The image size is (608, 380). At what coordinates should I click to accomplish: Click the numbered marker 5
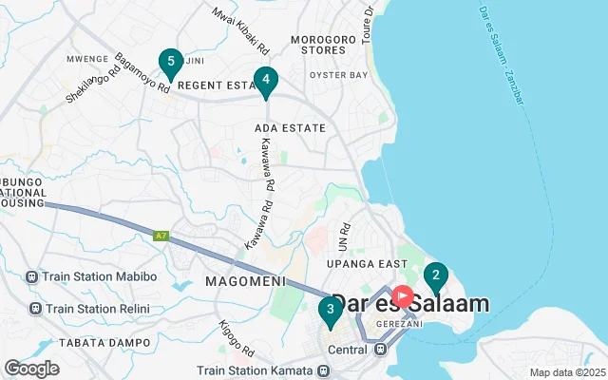pyautogui.click(x=170, y=64)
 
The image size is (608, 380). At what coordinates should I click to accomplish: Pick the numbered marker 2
pyautogui.click(x=435, y=277)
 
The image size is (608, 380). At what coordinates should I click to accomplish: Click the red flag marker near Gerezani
pyautogui.click(x=403, y=296)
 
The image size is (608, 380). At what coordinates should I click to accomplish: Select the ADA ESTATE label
pyautogui.click(x=291, y=127)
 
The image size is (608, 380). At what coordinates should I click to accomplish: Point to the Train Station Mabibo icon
pyautogui.click(x=34, y=277)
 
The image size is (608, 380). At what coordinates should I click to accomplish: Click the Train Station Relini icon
pyautogui.click(x=34, y=309)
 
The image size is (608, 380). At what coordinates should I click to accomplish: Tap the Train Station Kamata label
pyautogui.click(x=257, y=370)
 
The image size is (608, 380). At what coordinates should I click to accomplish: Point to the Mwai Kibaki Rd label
pyautogui.click(x=241, y=29)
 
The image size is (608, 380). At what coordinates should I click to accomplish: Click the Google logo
pyautogui.click(x=31, y=369)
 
